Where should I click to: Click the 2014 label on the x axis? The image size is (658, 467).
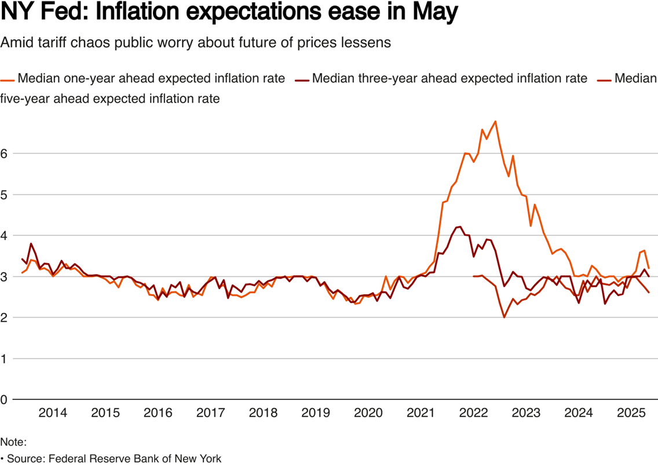point(52,413)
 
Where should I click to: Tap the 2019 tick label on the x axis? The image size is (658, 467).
point(316,413)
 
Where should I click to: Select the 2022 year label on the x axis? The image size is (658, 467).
point(473,413)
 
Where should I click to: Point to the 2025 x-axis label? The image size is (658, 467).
point(631,413)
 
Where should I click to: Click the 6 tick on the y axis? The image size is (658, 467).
point(5,154)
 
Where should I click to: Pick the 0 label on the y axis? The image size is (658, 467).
point(5,400)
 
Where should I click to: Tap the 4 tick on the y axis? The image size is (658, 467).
point(5,236)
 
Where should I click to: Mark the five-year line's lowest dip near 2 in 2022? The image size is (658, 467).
point(504,318)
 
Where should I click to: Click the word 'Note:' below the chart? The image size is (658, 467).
point(13,442)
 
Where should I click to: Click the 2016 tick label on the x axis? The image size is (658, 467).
point(158,413)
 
